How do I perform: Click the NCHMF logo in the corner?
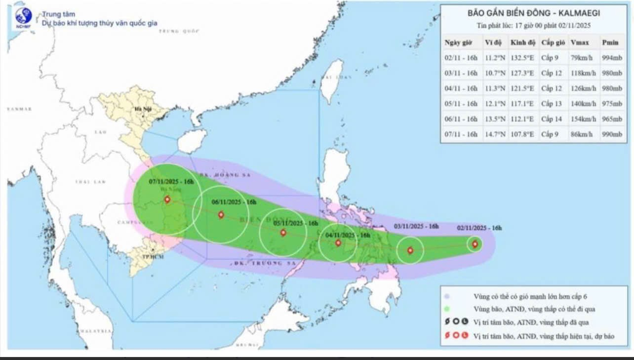click(x=23, y=18)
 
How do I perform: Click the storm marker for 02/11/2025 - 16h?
click(x=475, y=244)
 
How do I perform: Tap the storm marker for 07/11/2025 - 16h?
click(x=167, y=200)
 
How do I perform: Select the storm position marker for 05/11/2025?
click(x=283, y=233)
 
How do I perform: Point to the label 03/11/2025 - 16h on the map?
click(x=416, y=226)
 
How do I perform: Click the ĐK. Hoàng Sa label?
click(x=221, y=175)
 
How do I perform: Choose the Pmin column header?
click(x=610, y=42)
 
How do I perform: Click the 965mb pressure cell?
click(x=612, y=119)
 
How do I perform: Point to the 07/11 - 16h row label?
click(x=461, y=134)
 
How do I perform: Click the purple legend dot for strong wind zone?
click(x=447, y=297)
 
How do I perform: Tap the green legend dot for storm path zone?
click(x=447, y=310)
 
